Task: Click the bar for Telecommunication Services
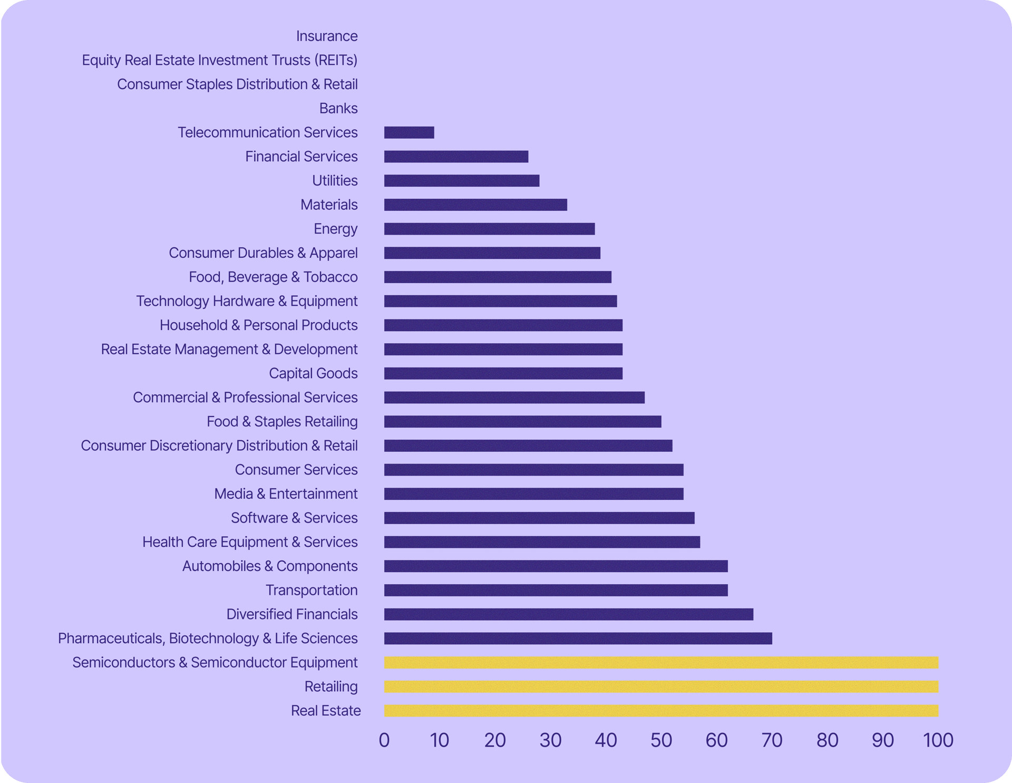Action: pyautogui.click(x=409, y=132)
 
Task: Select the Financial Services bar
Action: pyautogui.click(x=456, y=157)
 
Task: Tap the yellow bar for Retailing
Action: pyautogui.click(x=661, y=687)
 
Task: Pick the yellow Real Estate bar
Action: pyautogui.click(x=661, y=711)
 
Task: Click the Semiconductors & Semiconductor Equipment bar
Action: pyautogui.click(x=661, y=662)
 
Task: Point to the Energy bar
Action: pyautogui.click(x=489, y=229)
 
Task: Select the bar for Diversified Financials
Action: pyautogui.click(x=568, y=614)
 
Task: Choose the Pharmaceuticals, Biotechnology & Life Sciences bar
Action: pyautogui.click(x=578, y=639)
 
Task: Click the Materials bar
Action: pyautogui.click(x=475, y=205)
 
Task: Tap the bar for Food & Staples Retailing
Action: pyautogui.click(x=522, y=422)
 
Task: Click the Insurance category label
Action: pyautogui.click(x=327, y=36)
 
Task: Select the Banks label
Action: pyautogui.click(x=338, y=108)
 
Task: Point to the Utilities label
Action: pyautogui.click(x=335, y=180)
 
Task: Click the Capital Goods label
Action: pyautogui.click(x=313, y=373)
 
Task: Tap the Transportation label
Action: pyautogui.click(x=312, y=590)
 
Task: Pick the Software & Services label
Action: pyautogui.click(x=294, y=518)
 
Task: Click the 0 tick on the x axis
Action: pyautogui.click(x=384, y=740)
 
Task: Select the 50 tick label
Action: pyautogui.click(x=661, y=740)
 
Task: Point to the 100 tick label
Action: pyautogui.click(x=938, y=740)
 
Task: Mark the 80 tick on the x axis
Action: pyautogui.click(x=828, y=740)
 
